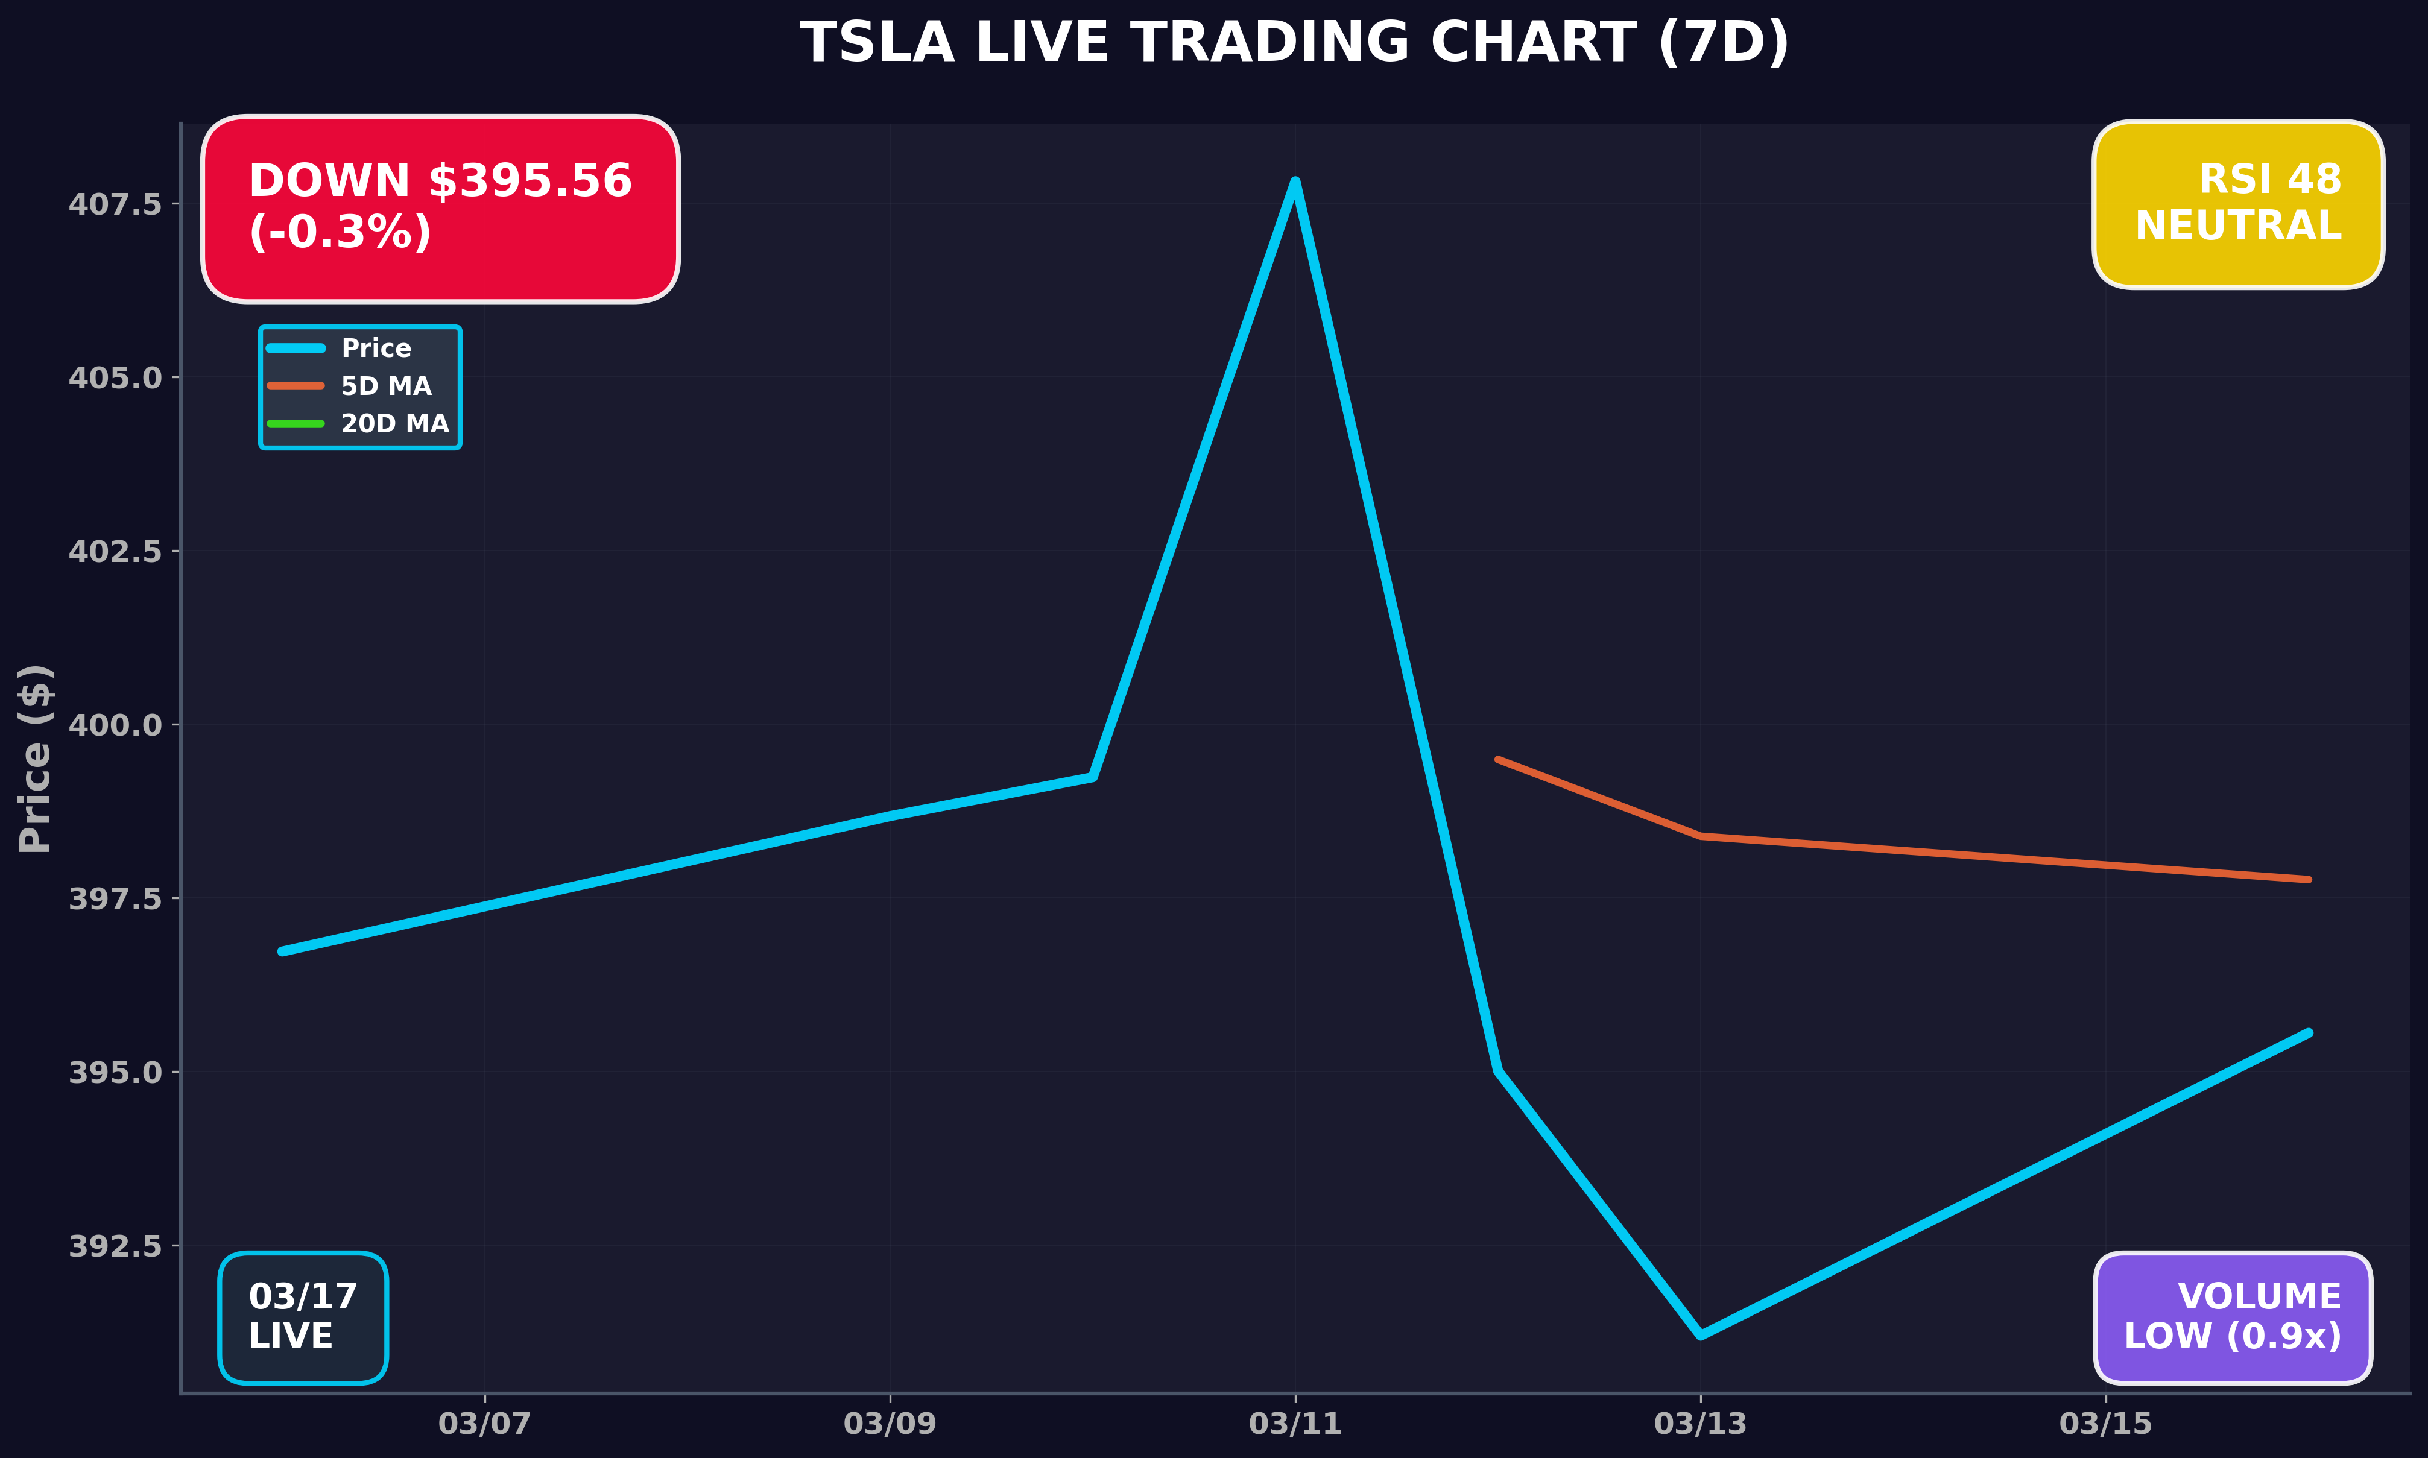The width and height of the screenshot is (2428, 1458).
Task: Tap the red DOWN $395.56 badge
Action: (440, 208)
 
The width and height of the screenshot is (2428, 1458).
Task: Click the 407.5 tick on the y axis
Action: (115, 204)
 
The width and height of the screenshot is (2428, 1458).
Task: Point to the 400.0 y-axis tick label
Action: (115, 725)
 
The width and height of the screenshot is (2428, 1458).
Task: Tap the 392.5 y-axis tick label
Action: (115, 1246)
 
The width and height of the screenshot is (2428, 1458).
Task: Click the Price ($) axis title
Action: (36, 759)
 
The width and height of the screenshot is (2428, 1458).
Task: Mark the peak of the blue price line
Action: (1295, 181)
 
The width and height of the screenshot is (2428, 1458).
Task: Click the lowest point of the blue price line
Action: (1701, 1334)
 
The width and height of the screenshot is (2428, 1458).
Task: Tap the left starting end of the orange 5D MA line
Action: (1497, 760)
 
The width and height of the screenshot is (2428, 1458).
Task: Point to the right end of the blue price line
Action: (2308, 1032)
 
